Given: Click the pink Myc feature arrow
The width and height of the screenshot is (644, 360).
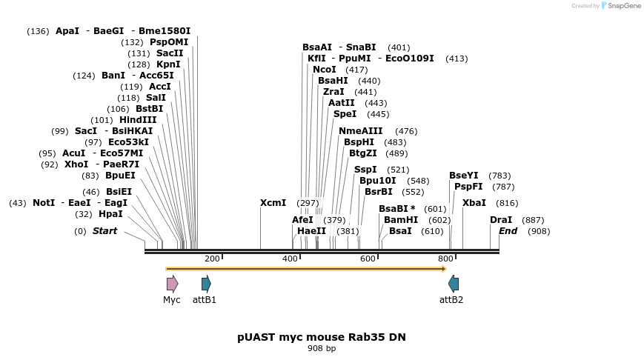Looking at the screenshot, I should [x=172, y=284].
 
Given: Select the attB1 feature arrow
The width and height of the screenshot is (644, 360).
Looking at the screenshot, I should [x=206, y=284].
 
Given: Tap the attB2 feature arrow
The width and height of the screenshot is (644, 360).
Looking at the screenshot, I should [x=454, y=284].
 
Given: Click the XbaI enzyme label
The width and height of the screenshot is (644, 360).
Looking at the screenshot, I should [x=474, y=203].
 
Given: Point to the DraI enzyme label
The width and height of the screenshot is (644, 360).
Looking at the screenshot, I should [x=501, y=220].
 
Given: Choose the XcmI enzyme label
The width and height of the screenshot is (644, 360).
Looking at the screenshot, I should [x=273, y=203].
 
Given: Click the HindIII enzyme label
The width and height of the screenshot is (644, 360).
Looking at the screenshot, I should [x=138, y=120].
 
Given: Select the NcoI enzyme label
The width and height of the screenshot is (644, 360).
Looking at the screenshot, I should [x=325, y=70].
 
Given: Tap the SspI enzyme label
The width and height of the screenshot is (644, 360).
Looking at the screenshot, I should [x=365, y=170].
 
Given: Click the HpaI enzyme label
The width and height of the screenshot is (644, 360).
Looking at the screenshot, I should [x=110, y=214].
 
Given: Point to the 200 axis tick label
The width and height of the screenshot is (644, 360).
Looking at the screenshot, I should [x=212, y=259].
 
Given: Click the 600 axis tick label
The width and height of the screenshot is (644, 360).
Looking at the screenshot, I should [x=368, y=259].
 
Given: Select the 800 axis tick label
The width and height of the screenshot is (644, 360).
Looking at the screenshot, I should [x=445, y=259].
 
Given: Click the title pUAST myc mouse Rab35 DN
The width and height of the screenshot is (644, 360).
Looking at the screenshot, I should [x=322, y=337].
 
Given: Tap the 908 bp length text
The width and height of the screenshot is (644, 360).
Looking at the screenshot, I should [x=322, y=349].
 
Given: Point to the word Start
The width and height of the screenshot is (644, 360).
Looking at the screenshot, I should [x=104, y=231].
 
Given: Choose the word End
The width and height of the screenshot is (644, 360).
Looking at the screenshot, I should [x=508, y=231].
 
